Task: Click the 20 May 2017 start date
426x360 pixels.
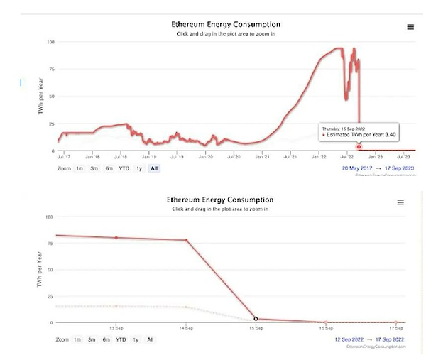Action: tap(357, 168)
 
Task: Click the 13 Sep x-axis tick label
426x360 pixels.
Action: tap(116, 328)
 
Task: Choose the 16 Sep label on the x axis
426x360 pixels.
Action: tap(326, 328)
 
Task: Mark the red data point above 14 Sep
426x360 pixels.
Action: tap(186, 240)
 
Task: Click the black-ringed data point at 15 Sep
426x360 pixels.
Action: tap(256, 319)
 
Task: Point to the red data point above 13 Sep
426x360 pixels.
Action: tap(116, 237)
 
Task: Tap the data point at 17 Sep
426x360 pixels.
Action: tap(395, 322)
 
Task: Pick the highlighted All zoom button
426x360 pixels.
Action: tap(153, 168)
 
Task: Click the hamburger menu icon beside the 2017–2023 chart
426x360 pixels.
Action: tap(410, 27)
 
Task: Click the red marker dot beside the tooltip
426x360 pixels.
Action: tap(359, 146)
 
